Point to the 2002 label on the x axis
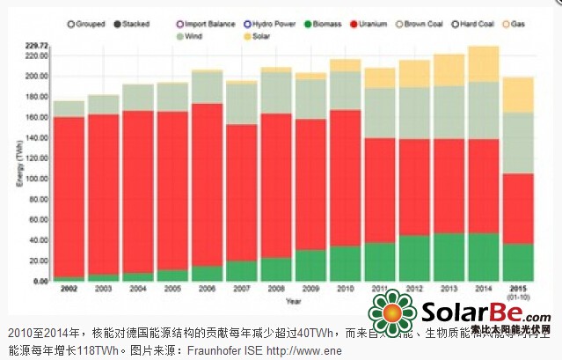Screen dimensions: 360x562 click(x=69, y=288)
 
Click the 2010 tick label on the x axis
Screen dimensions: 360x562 click(x=346, y=288)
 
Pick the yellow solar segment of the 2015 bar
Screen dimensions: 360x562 click(x=518, y=94)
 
